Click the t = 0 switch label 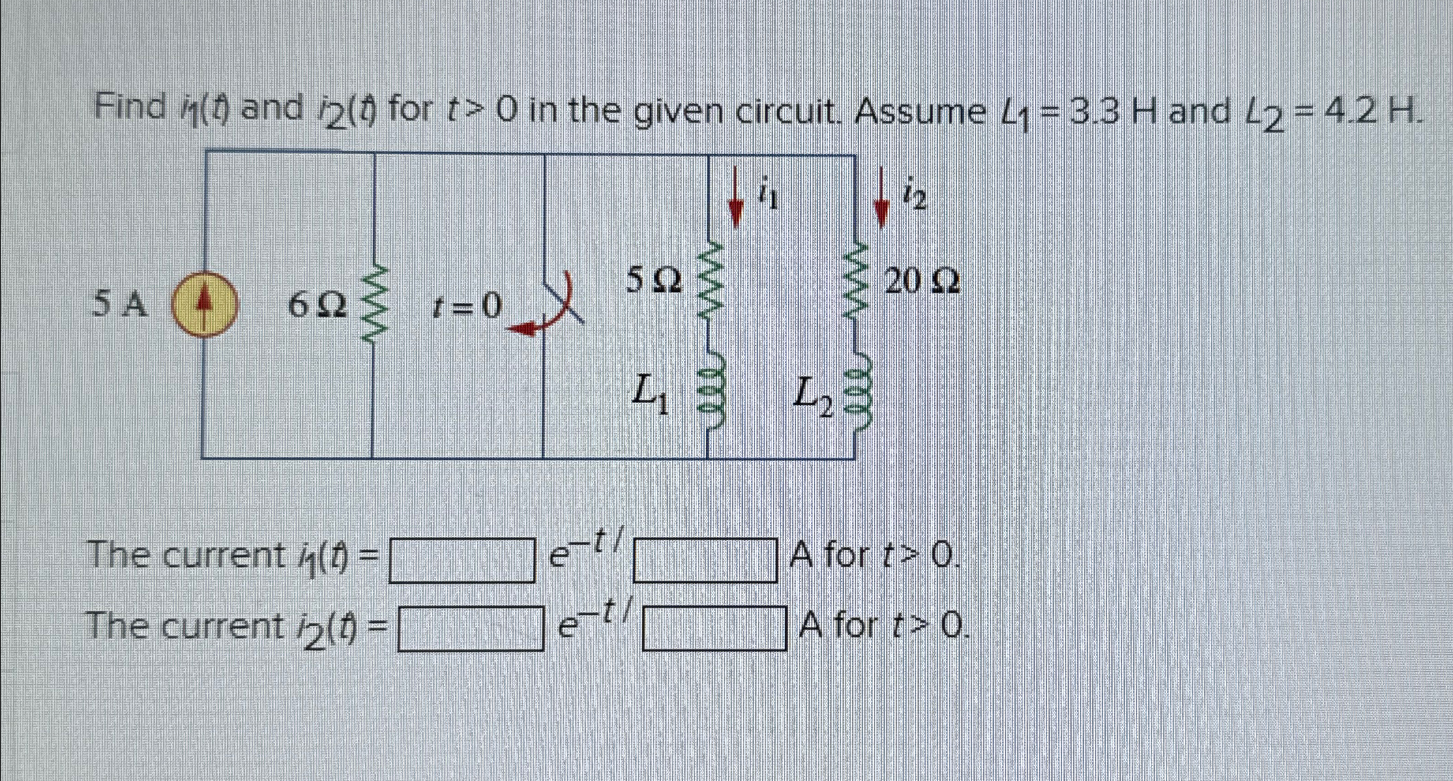point(467,306)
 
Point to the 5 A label point(120,304)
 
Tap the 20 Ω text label point(922,280)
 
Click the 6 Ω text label point(317,306)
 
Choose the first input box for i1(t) point(462,561)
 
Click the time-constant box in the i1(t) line point(705,561)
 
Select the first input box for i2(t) point(471,629)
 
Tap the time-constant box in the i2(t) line point(714,629)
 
